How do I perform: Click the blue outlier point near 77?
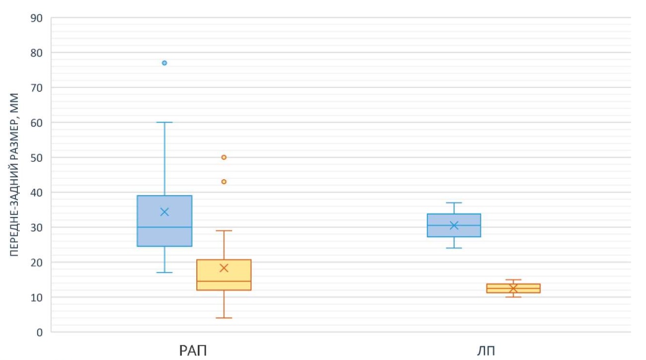tap(164, 63)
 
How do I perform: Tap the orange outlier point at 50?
tap(224, 157)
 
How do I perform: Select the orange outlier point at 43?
tap(224, 182)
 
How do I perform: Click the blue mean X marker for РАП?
tap(164, 212)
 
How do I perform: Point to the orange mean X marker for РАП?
tap(224, 268)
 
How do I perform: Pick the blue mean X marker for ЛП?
tap(454, 225)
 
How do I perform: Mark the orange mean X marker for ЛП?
tap(513, 288)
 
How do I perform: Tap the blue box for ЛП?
tap(454, 218)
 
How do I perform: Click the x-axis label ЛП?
tap(485, 351)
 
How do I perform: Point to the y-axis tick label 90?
tap(37, 18)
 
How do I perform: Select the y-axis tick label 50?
tap(37, 158)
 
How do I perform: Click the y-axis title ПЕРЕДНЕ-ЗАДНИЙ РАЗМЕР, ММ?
tap(15, 175)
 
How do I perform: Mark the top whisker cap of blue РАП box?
tap(164, 122)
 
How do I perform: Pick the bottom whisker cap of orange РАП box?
tap(224, 318)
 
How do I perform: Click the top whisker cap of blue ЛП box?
tap(454, 203)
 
